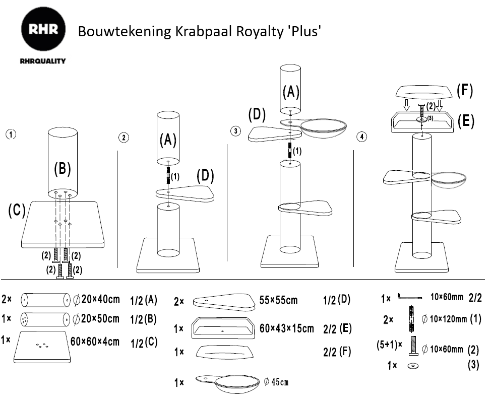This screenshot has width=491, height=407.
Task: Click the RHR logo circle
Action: click(x=43, y=31)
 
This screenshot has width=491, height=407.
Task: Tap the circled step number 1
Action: click(x=11, y=134)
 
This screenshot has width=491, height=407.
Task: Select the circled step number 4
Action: click(x=360, y=136)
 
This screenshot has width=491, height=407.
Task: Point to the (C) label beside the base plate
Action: click(x=17, y=211)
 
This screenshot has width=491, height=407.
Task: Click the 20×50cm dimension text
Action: click(x=100, y=318)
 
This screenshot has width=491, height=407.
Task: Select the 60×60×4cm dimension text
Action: click(x=95, y=341)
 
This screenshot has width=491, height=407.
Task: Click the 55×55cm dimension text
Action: click(x=278, y=301)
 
